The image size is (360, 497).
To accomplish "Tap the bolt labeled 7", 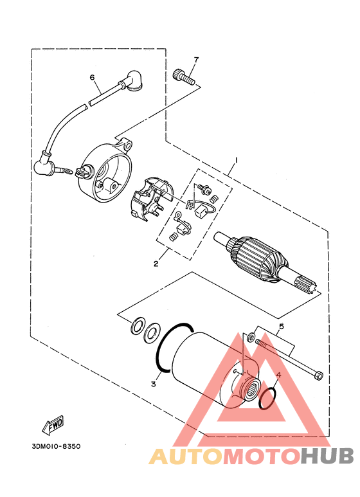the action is click(183, 76).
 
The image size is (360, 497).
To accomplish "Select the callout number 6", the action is click(92, 77).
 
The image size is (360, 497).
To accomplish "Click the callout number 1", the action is click(235, 159).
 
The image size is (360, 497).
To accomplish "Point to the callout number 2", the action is click(156, 264).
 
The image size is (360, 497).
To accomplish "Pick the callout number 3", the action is click(154, 384).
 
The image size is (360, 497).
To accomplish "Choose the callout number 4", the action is click(278, 375).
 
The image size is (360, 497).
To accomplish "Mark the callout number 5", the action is click(281, 326).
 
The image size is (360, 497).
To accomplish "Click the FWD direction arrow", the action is click(53, 425).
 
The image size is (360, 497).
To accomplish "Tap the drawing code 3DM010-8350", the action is click(56, 446).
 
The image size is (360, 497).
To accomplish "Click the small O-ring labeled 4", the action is click(267, 399).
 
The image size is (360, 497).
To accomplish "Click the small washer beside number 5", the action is click(251, 336).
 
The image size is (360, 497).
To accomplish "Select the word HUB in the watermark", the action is click(327, 456).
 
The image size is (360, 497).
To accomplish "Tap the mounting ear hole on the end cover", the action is click(129, 146).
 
